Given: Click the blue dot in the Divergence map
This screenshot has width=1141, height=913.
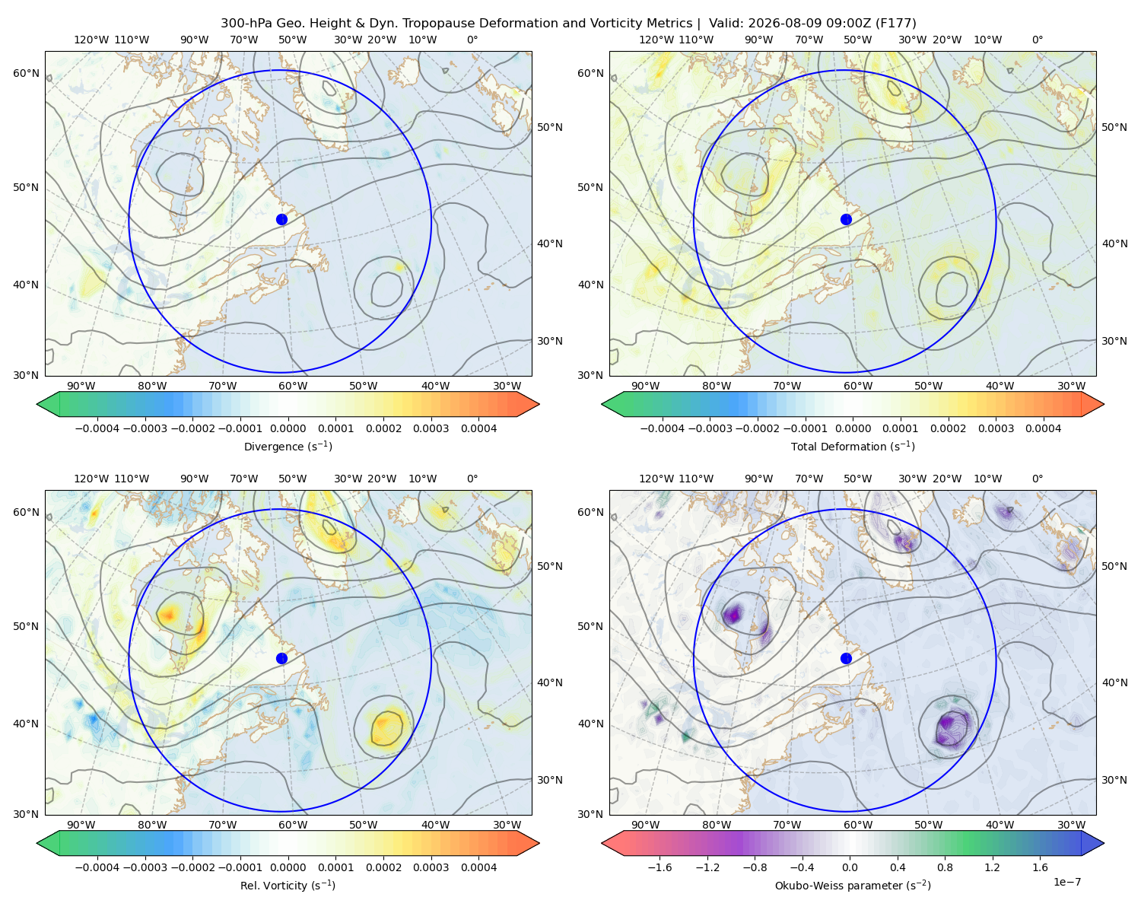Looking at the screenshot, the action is (281, 219).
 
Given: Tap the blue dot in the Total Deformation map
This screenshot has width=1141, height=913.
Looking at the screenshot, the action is (846, 219).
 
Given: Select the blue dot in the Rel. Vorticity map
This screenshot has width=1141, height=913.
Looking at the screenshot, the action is (281, 658).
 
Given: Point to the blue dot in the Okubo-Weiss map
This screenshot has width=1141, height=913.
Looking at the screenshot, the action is (846, 658).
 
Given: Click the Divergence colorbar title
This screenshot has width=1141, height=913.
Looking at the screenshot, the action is (288, 446).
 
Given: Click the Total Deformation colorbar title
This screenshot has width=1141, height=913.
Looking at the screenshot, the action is (853, 446).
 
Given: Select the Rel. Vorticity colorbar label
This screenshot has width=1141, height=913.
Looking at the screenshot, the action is (288, 885).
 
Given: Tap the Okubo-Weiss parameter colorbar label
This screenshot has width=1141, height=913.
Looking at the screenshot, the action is (853, 885).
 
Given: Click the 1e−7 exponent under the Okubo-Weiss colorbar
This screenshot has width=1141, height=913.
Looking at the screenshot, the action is (1066, 882).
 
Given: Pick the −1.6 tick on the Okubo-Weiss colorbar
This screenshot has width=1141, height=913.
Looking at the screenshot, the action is (659, 867).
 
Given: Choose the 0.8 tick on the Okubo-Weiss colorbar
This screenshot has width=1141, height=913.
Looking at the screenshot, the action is (945, 867).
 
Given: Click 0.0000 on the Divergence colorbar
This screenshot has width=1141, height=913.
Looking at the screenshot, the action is (288, 428).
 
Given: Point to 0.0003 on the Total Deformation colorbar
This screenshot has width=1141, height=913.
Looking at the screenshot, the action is (996, 428).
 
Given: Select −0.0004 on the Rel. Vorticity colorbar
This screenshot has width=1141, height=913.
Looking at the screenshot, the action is (97, 867).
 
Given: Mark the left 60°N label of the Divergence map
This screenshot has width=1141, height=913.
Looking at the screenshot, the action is (26, 73).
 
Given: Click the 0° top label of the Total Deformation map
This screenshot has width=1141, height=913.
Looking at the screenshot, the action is (1037, 40).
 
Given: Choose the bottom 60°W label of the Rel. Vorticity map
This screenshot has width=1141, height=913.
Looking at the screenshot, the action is (293, 825).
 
